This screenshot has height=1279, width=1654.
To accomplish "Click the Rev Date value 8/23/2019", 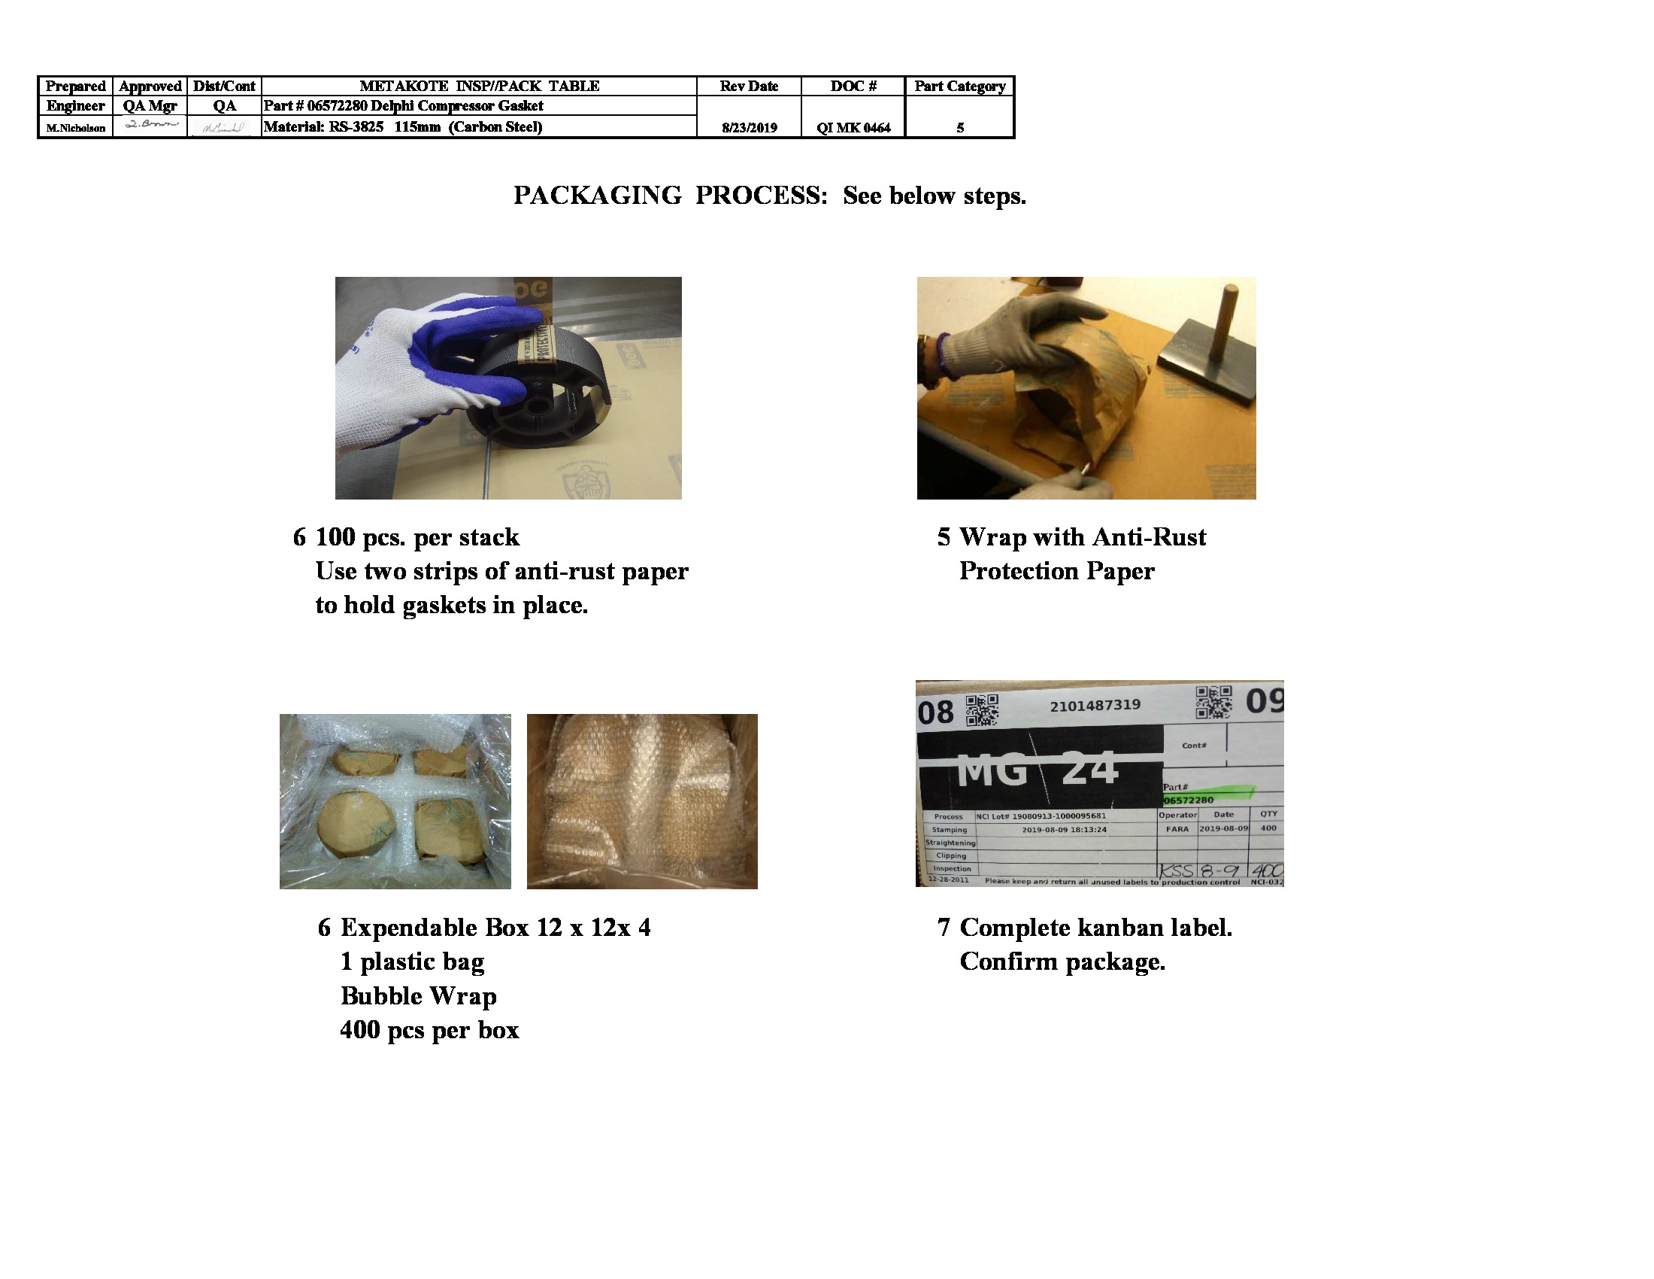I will tap(749, 128).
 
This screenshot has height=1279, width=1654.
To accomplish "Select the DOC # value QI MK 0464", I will tap(853, 128).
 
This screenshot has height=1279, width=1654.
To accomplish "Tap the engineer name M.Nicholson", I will tap(76, 128).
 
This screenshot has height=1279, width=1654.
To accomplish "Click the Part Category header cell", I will tap(959, 87).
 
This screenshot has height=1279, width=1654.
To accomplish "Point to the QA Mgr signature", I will tap(150, 125).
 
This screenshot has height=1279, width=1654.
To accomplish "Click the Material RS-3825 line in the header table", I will tap(403, 126).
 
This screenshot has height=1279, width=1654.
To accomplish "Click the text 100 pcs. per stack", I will tap(417, 537).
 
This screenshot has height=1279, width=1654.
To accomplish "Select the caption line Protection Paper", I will tap(1056, 571).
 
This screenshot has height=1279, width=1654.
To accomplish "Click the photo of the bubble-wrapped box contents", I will tap(642, 801).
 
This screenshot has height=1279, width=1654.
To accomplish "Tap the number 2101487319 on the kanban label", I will tap(1095, 706).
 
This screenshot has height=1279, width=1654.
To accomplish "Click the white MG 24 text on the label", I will tap(1038, 771).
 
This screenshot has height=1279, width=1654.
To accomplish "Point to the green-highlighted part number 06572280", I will tap(1189, 799).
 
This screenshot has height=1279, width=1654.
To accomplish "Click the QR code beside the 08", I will tap(983, 710).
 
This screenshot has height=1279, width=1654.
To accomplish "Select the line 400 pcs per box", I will tap(429, 1030).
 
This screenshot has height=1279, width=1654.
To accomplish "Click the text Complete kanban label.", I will tap(1096, 928).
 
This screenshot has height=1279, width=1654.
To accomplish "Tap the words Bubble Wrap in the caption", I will tap(418, 995).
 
